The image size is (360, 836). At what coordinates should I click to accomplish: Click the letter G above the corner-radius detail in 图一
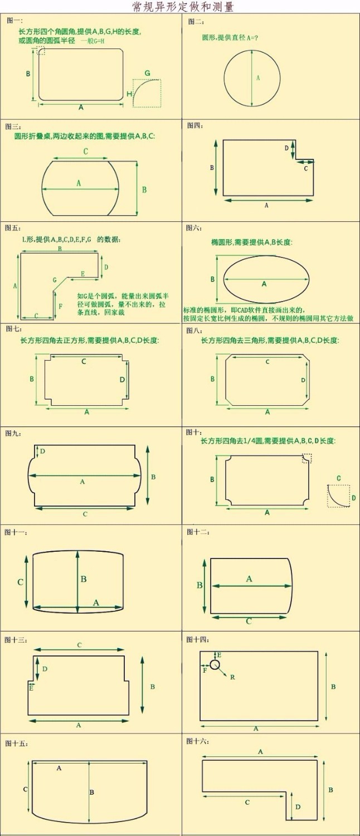tap(147, 73)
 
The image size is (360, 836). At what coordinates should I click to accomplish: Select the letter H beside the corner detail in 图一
tap(129, 94)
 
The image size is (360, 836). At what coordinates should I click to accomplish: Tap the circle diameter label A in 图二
tap(258, 78)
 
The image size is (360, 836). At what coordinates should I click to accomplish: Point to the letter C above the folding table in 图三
tap(85, 151)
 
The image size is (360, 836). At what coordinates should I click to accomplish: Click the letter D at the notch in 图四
tap(286, 148)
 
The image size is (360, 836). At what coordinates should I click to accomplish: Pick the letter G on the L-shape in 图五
tap(55, 279)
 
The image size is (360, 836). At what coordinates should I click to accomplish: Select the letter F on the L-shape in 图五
tap(60, 306)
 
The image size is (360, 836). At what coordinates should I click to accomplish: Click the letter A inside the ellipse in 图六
tap(264, 284)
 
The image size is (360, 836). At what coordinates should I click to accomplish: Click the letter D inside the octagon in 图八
tap(303, 380)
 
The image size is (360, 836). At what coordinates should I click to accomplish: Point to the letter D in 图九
tap(42, 451)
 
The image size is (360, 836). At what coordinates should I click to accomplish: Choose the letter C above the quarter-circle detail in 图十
tap(338, 478)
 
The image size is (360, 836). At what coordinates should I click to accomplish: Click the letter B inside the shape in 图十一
tap(84, 579)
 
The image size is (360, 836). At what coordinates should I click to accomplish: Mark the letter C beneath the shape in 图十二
tap(249, 621)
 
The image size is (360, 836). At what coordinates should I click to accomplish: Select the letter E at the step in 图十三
tap(31, 689)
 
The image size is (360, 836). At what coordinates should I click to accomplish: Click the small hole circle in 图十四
tap(215, 664)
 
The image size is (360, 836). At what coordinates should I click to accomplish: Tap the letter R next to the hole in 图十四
tap(232, 677)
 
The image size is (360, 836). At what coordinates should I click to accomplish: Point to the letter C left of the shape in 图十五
tap(25, 789)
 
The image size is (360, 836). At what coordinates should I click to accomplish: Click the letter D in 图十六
tap(298, 806)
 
